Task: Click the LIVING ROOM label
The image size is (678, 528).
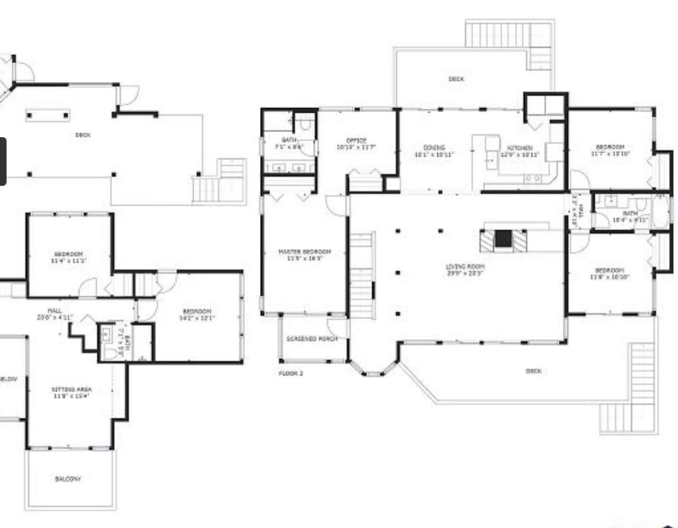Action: (x=465, y=266)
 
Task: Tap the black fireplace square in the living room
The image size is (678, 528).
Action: (x=503, y=239)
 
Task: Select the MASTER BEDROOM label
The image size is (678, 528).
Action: (x=304, y=252)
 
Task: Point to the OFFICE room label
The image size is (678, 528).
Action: (x=356, y=140)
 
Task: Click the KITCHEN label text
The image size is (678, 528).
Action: (x=519, y=148)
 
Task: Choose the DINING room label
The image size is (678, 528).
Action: (x=434, y=148)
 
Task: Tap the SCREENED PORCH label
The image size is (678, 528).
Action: (x=311, y=339)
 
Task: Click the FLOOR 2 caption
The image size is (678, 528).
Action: (x=291, y=373)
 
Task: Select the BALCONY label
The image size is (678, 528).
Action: (x=68, y=479)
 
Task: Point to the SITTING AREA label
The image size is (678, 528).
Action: (x=71, y=389)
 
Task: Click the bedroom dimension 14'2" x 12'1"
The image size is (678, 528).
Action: (x=198, y=318)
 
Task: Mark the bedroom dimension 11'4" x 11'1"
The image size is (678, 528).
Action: (x=68, y=260)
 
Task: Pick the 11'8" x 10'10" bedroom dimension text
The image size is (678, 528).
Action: (x=609, y=277)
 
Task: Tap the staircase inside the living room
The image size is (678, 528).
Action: (x=362, y=275)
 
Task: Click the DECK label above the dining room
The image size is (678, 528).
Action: (x=456, y=79)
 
